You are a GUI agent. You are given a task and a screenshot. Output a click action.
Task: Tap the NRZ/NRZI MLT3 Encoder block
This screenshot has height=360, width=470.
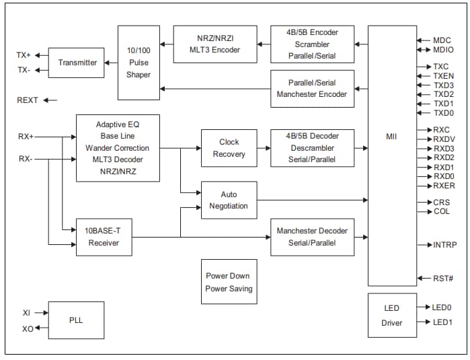214,44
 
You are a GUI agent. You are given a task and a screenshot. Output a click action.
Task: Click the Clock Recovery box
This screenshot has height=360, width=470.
229,148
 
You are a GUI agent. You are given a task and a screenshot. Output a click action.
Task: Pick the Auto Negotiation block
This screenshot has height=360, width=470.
229,200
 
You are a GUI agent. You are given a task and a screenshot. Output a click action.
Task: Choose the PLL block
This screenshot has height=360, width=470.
76,320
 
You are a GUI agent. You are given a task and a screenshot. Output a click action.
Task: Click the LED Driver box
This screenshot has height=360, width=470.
391,316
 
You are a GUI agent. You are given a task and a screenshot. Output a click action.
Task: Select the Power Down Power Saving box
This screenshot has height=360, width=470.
229,282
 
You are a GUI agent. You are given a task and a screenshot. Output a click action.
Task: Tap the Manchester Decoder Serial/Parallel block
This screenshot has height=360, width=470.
312,237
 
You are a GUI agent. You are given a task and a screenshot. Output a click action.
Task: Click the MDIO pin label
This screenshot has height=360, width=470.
442,50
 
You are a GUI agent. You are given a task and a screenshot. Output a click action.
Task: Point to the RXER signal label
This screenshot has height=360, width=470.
444,186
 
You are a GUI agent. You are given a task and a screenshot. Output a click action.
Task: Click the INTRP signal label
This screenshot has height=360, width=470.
445,245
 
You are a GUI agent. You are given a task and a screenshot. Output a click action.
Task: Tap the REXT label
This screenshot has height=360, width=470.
28,100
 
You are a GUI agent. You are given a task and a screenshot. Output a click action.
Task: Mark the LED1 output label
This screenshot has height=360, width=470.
442,322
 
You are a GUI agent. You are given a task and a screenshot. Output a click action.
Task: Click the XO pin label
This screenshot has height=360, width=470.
28,328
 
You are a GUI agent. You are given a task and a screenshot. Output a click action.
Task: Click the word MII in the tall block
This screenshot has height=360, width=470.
391,137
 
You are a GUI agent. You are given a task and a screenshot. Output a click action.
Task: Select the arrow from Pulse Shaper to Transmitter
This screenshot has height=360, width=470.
111,63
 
